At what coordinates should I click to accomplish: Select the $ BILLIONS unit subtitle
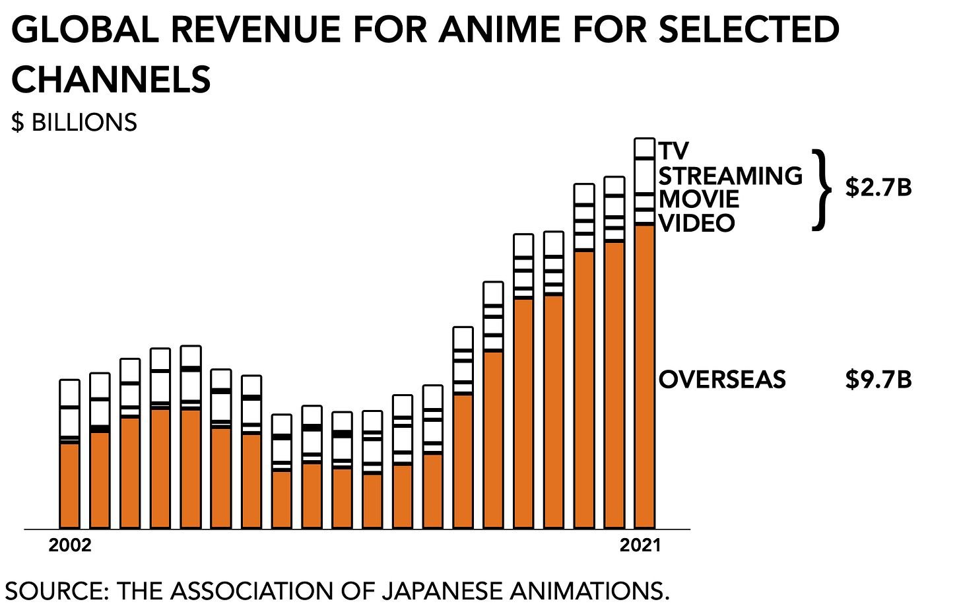click(x=74, y=123)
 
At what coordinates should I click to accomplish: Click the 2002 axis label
click(x=69, y=545)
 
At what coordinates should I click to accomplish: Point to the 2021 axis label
click(x=640, y=545)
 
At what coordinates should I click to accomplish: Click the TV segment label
click(x=673, y=151)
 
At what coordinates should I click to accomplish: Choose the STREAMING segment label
click(x=730, y=176)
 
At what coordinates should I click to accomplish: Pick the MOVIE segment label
click(x=699, y=199)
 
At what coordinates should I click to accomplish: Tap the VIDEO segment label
click(x=696, y=222)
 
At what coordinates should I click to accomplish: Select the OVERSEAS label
click(x=722, y=380)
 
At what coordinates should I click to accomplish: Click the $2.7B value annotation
click(x=878, y=188)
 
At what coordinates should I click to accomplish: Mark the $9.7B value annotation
click(x=878, y=380)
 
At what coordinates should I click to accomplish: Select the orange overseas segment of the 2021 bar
click(x=644, y=376)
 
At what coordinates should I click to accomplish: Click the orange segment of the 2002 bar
click(x=69, y=485)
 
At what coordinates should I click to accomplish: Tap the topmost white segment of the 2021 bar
click(x=644, y=148)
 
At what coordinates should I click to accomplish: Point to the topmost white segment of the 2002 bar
click(x=69, y=392)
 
